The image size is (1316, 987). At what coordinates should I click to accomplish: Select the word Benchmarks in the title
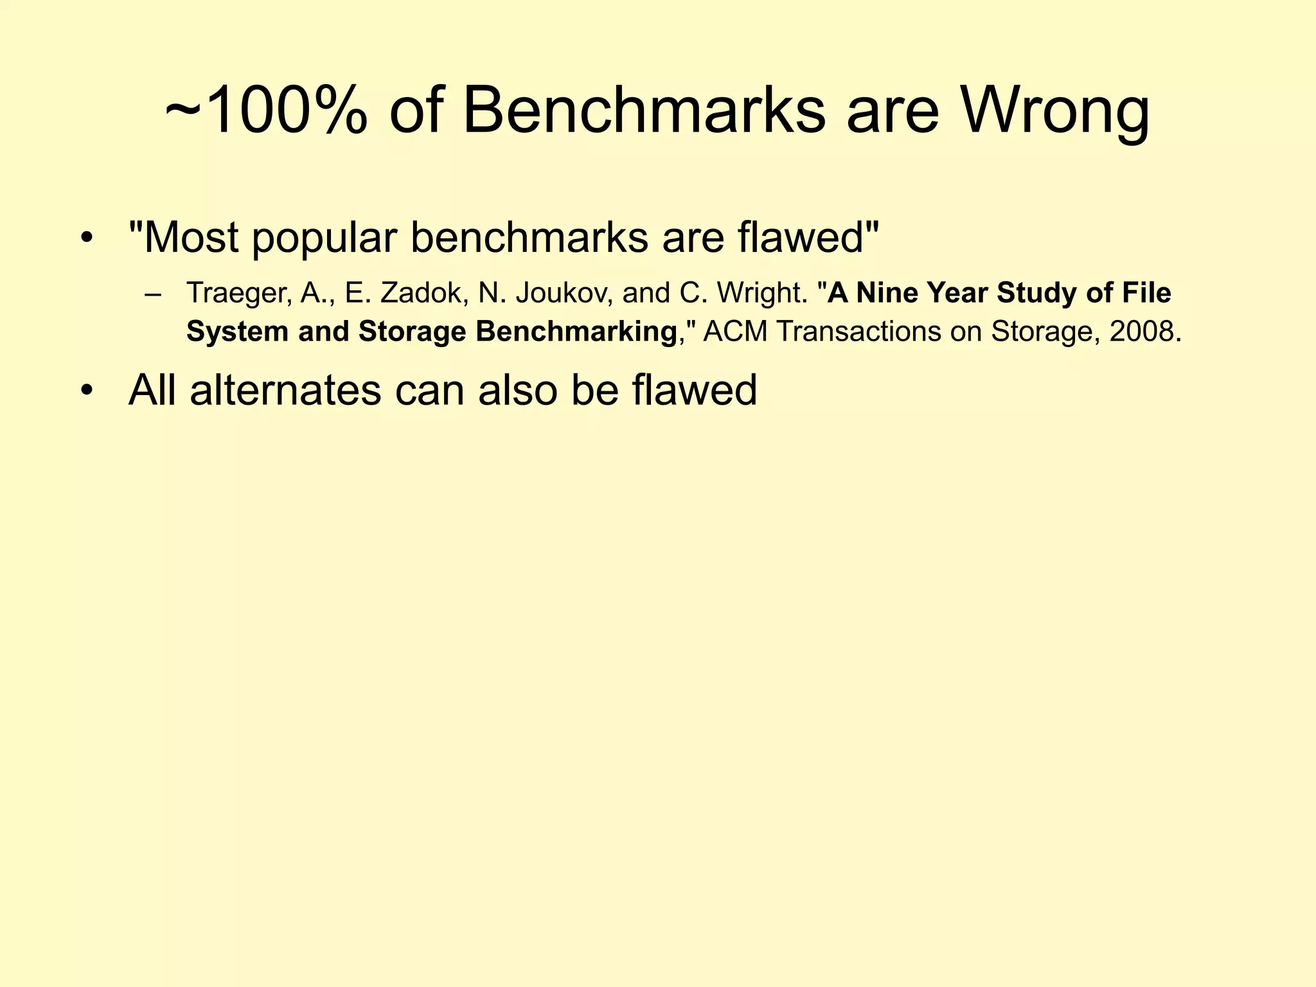pyautogui.click(x=643, y=111)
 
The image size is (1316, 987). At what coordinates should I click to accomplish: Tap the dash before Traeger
pyautogui.click(x=153, y=294)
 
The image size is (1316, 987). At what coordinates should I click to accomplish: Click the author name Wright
pyautogui.click(x=762, y=294)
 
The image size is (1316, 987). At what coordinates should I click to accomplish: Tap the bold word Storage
pyautogui.click(x=412, y=332)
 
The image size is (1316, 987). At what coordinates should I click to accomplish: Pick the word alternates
pyautogui.click(x=285, y=390)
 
